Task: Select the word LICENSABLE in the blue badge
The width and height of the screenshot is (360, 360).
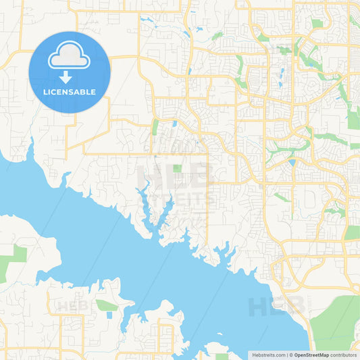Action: [69, 92]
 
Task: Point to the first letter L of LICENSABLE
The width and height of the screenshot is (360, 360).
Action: [45, 92]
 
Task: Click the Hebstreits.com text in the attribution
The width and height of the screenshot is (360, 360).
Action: [268, 355]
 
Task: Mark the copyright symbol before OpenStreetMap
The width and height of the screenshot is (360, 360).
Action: [291, 355]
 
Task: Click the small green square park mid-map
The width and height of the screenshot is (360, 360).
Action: [177, 168]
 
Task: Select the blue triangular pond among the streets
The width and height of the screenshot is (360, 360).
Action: [292, 163]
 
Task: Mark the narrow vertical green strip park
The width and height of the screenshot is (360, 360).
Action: [155, 127]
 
